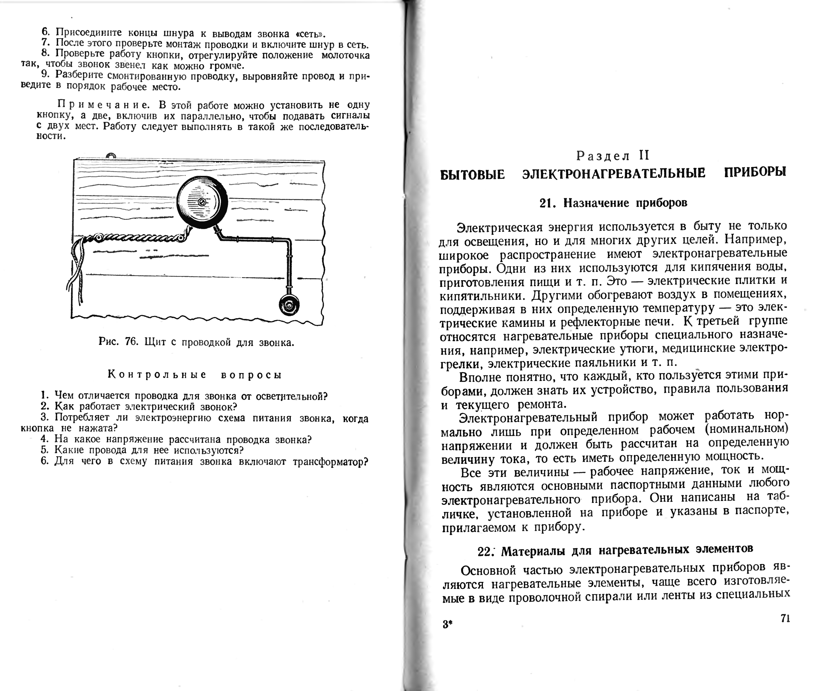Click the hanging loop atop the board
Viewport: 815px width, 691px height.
point(111,156)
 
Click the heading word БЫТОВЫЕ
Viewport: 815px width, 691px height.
point(472,174)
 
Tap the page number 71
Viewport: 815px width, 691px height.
point(785,618)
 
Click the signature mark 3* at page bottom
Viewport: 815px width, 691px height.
point(447,624)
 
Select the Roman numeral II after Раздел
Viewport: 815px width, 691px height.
point(644,155)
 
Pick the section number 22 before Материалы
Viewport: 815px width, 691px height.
point(485,552)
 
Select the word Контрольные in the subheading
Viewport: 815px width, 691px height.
point(157,375)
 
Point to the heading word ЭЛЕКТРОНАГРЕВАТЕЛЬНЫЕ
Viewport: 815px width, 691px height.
point(614,173)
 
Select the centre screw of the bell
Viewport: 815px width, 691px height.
point(202,202)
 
